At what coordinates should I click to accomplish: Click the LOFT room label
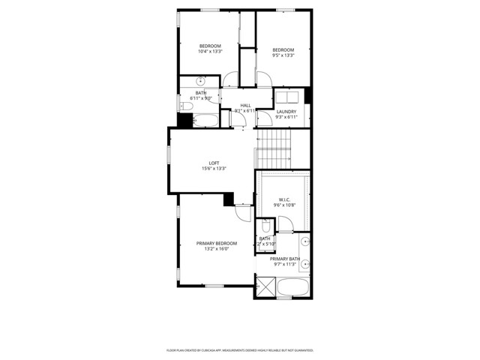click(214, 163)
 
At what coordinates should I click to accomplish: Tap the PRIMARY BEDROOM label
click(217, 243)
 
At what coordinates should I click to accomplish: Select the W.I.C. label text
click(285, 199)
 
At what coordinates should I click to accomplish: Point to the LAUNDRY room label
click(286, 112)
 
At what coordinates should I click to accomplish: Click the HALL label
click(245, 105)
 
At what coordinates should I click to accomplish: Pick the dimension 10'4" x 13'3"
click(209, 52)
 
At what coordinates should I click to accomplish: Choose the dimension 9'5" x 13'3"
click(283, 55)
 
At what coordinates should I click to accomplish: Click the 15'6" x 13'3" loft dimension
click(214, 169)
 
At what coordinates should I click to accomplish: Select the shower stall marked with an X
click(265, 286)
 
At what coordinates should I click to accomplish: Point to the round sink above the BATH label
click(201, 81)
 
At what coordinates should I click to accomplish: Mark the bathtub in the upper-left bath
click(204, 120)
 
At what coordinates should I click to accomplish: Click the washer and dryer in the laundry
click(287, 97)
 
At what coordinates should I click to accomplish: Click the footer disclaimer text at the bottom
click(239, 350)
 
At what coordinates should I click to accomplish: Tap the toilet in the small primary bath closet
click(266, 226)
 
